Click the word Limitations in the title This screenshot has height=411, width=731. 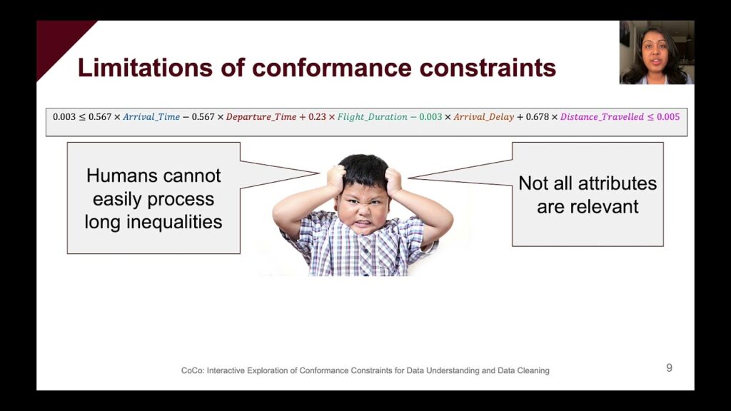pyautogui.click(x=145, y=68)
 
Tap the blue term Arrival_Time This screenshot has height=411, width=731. pyautogui.click(x=151, y=117)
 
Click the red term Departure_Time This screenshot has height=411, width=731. pyautogui.click(x=261, y=117)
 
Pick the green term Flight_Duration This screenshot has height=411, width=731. pyautogui.click(x=372, y=117)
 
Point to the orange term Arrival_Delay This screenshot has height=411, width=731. pyautogui.click(x=484, y=117)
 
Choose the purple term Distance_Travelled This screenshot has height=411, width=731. pyautogui.click(x=602, y=117)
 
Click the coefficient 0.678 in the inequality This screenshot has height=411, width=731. pyautogui.click(x=538, y=117)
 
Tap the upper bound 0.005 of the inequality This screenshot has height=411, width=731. pyautogui.click(x=668, y=117)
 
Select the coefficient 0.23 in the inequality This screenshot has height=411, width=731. pyautogui.click(x=317, y=117)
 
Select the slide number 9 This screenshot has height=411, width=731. pyautogui.click(x=670, y=368)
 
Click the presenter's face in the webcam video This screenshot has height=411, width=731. pyautogui.click(x=655, y=53)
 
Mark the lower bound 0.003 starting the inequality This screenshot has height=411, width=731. pyautogui.click(x=64, y=117)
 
